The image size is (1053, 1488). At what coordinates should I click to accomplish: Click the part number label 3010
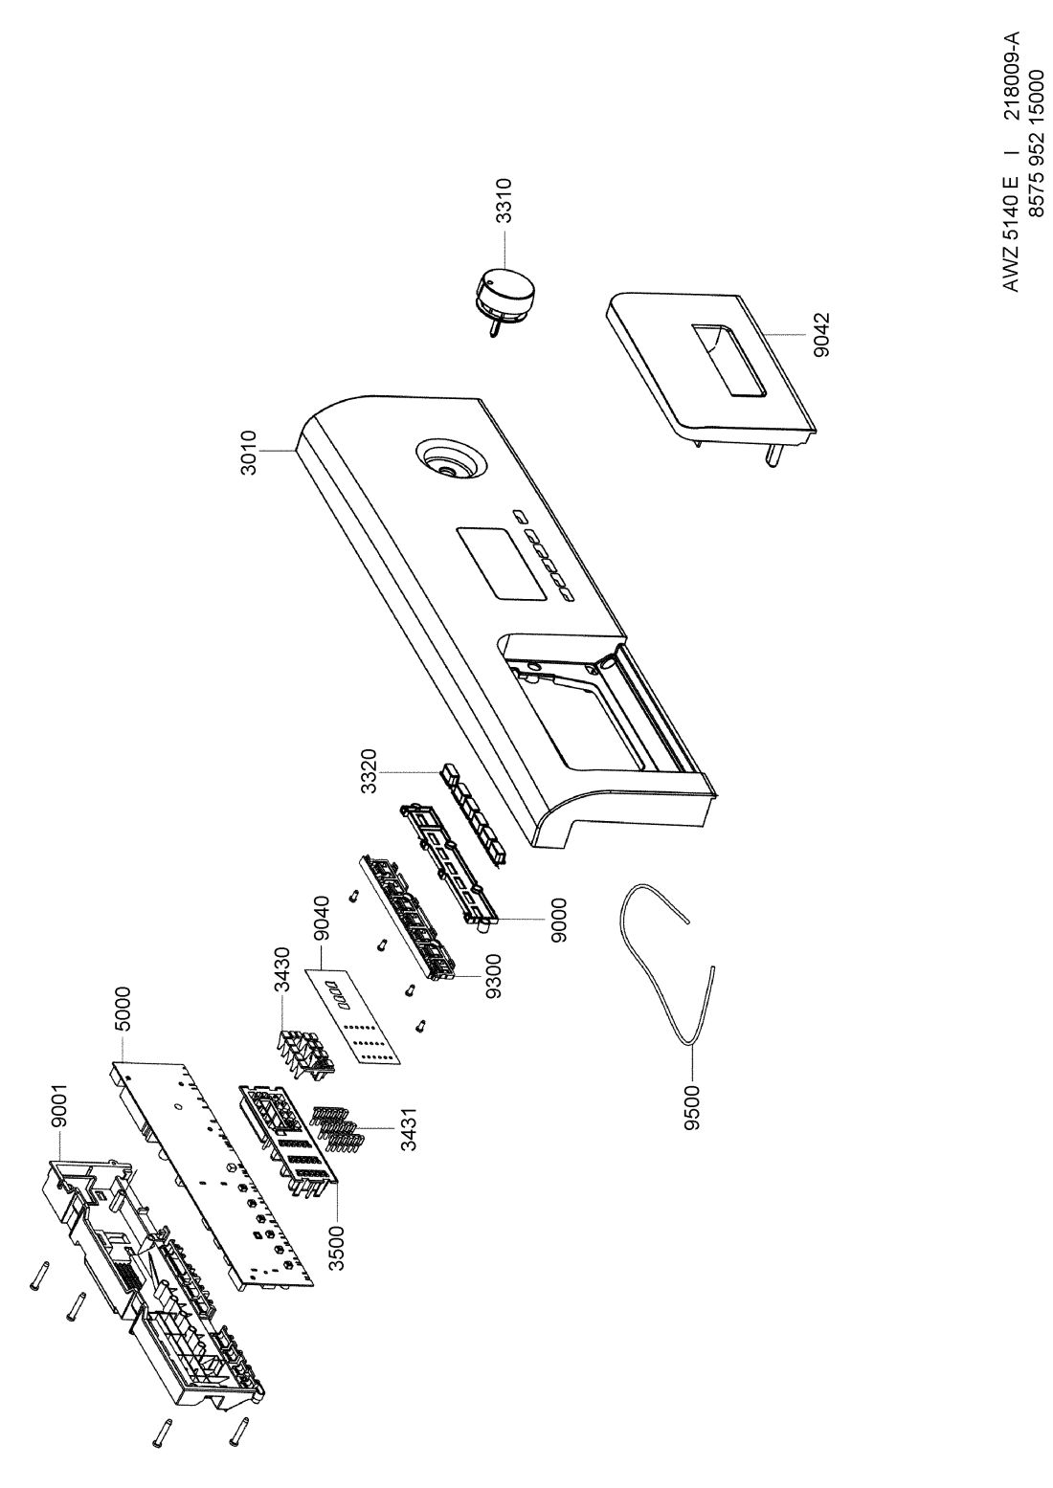click(250, 453)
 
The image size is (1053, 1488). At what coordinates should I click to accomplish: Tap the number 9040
click(323, 920)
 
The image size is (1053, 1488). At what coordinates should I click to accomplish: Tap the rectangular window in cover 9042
click(728, 362)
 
